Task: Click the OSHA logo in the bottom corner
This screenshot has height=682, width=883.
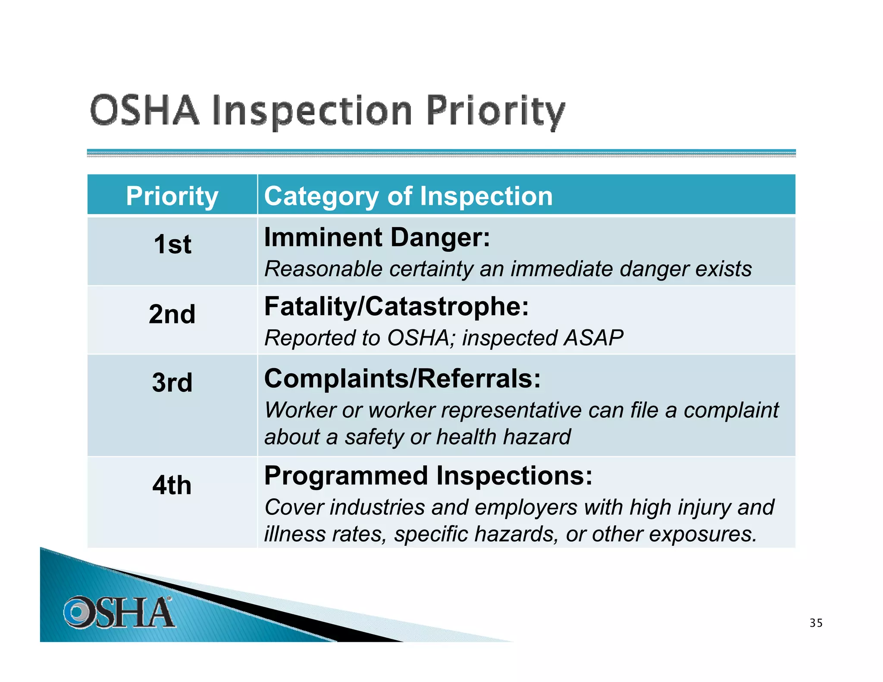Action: [x=118, y=612]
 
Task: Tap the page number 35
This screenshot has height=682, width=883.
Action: [x=816, y=623]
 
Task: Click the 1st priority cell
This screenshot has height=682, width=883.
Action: [x=172, y=244]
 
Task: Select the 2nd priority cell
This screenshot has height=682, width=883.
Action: [x=172, y=314]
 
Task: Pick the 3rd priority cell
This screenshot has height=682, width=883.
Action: [x=172, y=382]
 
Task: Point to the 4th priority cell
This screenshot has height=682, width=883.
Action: [x=172, y=485]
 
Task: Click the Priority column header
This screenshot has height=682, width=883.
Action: [x=172, y=196]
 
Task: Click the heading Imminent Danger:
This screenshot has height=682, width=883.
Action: [x=377, y=237]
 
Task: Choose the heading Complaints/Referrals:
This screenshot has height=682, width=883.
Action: [x=402, y=379]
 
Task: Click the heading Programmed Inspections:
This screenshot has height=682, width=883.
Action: [x=428, y=476]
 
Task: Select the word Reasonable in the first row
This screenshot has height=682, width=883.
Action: [x=323, y=269]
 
